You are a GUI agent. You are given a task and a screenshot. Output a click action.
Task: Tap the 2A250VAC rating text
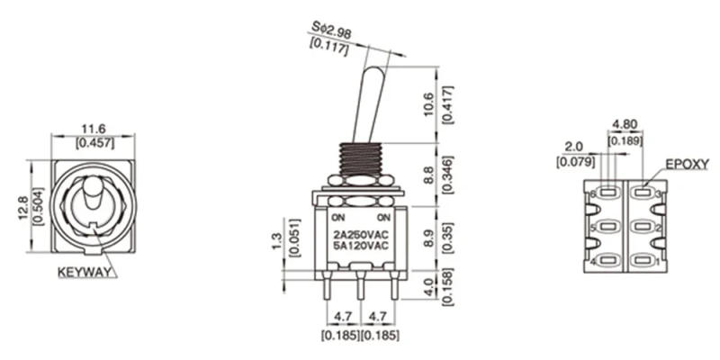tap(360, 235)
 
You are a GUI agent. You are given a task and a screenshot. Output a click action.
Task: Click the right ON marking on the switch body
tap(383, 219)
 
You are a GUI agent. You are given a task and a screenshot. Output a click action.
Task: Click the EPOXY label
tap(687, 166)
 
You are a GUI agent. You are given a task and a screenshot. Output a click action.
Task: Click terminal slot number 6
tap(606, 192)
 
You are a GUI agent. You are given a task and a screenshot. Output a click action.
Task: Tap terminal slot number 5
tap(606, 227)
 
